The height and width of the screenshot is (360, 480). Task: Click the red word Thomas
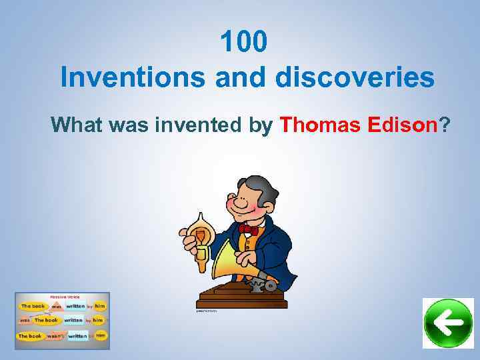click(x=321, y=124)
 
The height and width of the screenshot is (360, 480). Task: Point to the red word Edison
click(x=402, y=124)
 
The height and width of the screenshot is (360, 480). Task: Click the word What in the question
click(x=78, y=124)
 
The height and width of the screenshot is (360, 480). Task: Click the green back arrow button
click(x=448, y=323)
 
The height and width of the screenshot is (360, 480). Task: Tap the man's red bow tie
click(x=248, y=229)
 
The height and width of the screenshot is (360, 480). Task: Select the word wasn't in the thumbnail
click(x=55, y=335)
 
